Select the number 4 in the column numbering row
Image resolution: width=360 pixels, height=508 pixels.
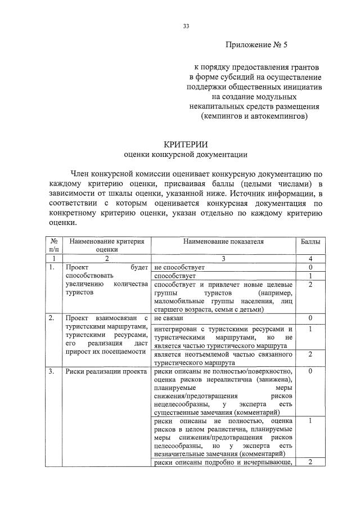[x=310, y=258]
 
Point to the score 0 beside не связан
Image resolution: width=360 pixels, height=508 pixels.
[x=310, y=318]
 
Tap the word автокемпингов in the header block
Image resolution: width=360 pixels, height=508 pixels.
[x=278, y=116]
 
